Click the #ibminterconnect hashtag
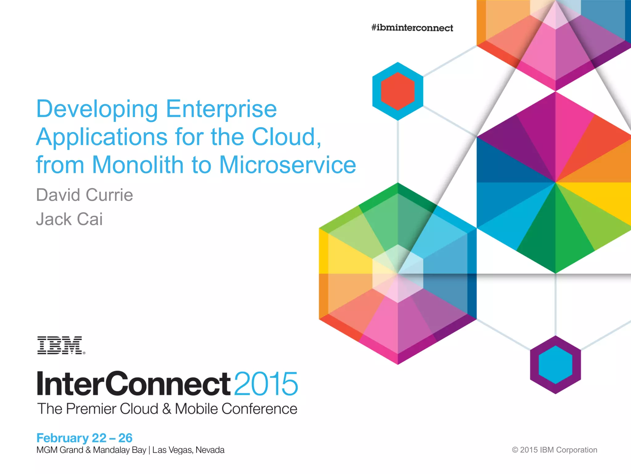(412, 28)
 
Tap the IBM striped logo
(61, 345)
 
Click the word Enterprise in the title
(221, 109)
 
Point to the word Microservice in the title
(287, 165)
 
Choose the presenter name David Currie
(84, 195)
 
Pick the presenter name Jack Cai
(69, 219)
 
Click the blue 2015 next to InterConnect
(266, 384)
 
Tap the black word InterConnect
(133, 384)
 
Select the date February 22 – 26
(84, 438)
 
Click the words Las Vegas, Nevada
(188, 450)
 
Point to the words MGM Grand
(60, 450)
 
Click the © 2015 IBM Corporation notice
(554, 450)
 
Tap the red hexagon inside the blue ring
(397, 91)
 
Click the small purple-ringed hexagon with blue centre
(555, 364)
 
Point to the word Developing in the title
(97, 110)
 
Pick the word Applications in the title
(102, 137)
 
